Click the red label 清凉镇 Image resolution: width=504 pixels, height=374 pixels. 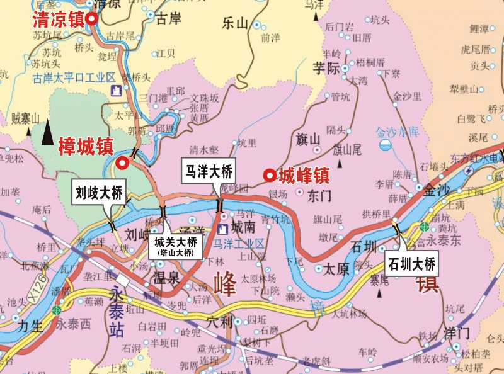(x=58, y=19)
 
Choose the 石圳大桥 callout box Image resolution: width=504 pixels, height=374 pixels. (x=411, y=263)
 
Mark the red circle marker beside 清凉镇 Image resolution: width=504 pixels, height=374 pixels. (x=92, y=19)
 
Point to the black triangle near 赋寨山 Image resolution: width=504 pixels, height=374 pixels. (x=47, y=133)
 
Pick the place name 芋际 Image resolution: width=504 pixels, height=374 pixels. (x=327, y=69)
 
